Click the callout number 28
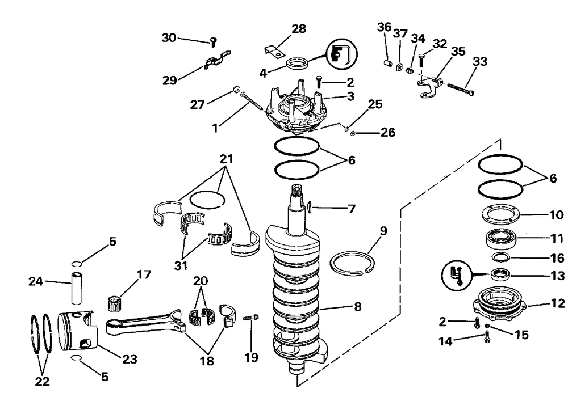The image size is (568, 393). pos(299,29)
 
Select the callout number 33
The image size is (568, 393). pos(481,61)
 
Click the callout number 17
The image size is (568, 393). pos(144,275)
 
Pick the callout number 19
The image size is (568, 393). pos(251,357)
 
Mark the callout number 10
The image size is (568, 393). pos(556,215)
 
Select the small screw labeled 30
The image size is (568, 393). pos(213,41)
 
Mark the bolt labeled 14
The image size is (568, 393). pos(487,339)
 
